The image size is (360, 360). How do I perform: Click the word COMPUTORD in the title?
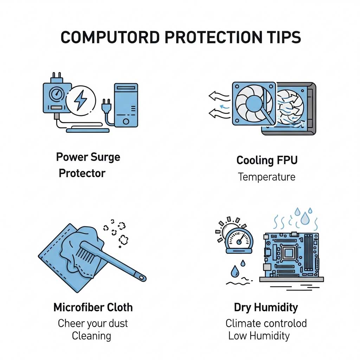coord(110,37)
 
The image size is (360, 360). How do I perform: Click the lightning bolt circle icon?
coord(81,101)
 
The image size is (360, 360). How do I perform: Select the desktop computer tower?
coord(126,105)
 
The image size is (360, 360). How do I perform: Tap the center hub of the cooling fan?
coord(254,103)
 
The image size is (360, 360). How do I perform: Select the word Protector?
coord(82,173)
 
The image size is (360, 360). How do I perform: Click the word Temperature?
coord(266,177)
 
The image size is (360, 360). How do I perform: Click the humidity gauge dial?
coord(239,240)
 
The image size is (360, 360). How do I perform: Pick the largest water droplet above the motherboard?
coord(305,219)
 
